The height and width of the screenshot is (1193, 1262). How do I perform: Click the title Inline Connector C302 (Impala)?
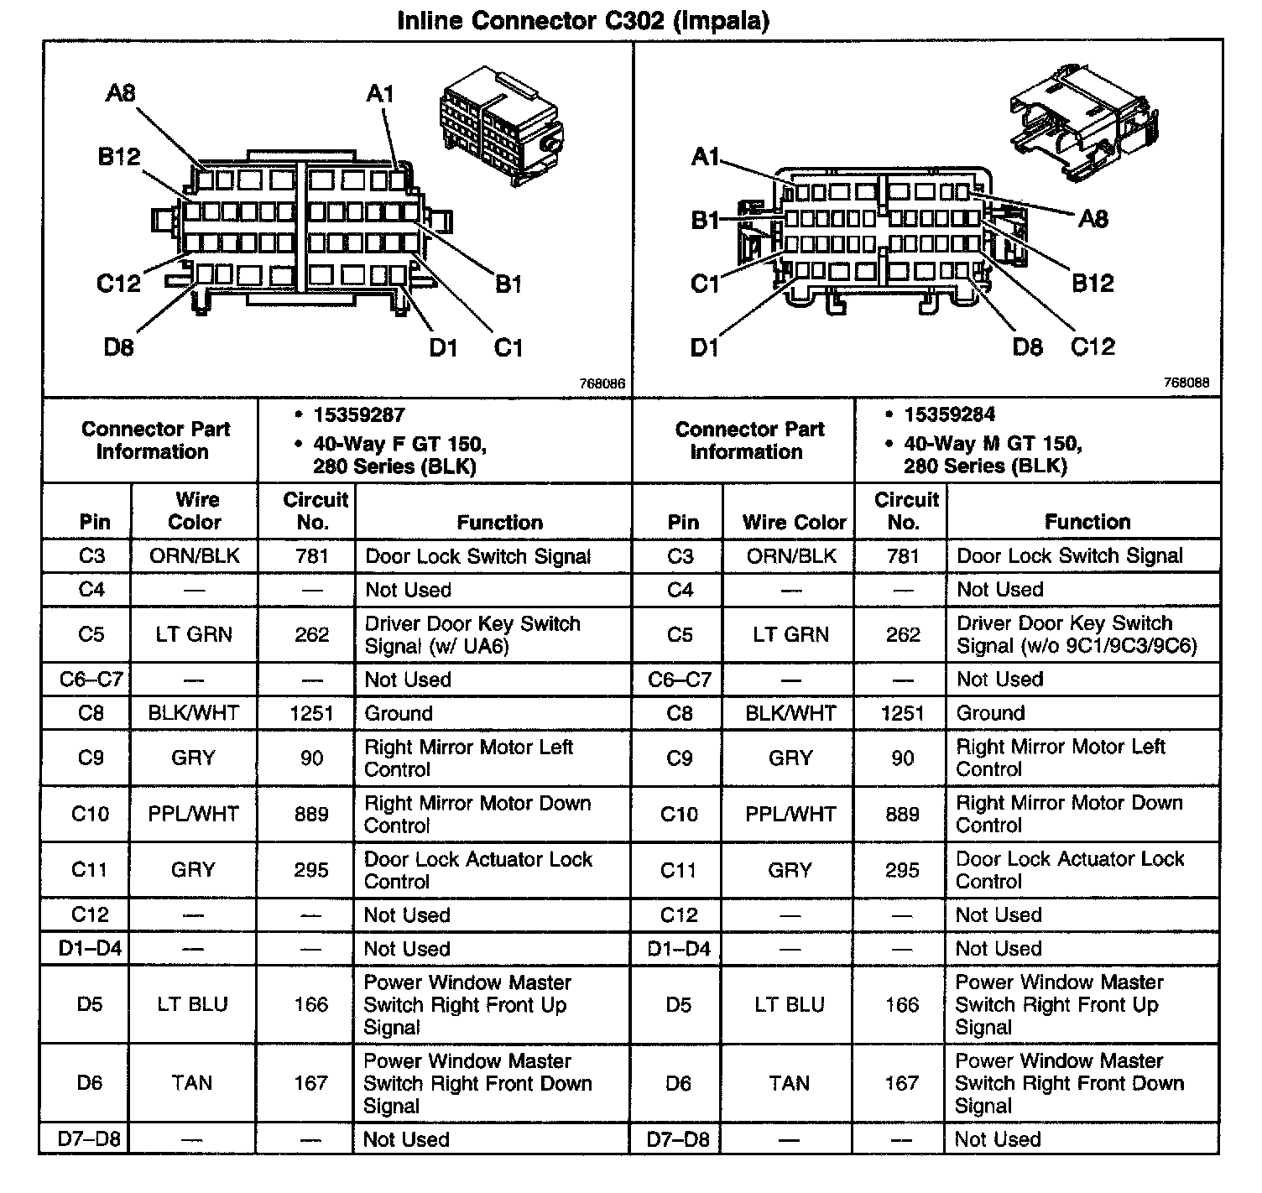(x=582, y=20)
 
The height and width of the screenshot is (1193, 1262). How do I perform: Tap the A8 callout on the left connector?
(x=120, y=93)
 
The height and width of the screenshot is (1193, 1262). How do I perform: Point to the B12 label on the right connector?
(x=1093, y=284)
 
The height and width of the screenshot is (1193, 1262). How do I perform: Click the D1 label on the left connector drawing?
(x=443, y=346)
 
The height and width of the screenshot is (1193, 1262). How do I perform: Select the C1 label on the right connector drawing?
(x=705, y=284)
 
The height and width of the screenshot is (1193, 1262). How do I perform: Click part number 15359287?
(x=359, y=414)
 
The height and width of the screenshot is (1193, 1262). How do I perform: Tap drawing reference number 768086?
(x=602, y=383)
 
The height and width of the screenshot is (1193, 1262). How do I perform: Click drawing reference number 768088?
(x=1186, y=383)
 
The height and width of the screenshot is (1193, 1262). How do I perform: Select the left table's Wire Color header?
(x=195, y=511)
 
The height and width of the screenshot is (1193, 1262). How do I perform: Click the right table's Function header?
(x=1087, y=522)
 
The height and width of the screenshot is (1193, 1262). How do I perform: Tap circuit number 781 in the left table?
(x=311, y=556)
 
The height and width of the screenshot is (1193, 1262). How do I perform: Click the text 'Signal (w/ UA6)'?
(x=436, y=647)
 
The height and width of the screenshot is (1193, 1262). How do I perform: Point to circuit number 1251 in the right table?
(x=902, y=714)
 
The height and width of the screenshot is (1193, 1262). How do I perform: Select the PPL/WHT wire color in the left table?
(x=194, y=814)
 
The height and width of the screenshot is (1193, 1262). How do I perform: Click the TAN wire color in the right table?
(x=789, y=1083)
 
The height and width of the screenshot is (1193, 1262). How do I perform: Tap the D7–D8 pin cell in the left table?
(x=89, y=1139)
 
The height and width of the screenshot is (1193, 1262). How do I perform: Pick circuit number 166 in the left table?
(x=311, y=1004)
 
